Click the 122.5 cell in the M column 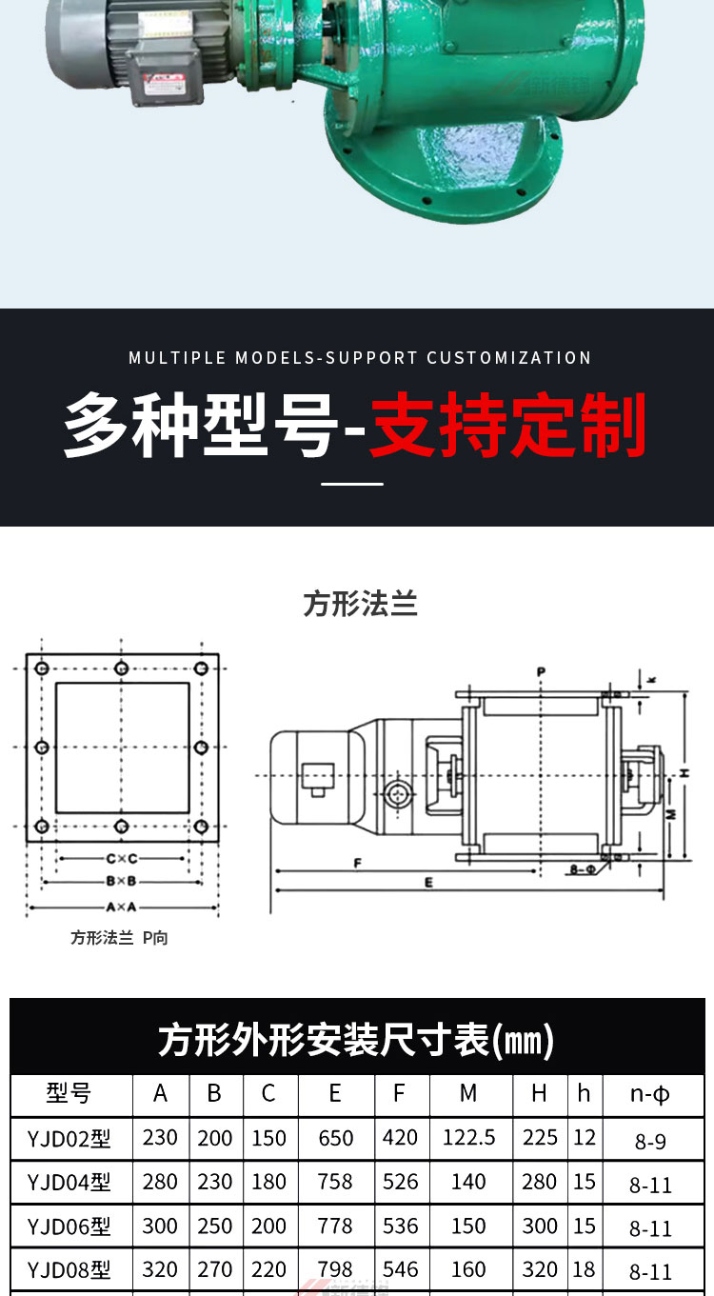coord(468,1137)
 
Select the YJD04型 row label coord(69,1183)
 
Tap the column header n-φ coord(650,1094)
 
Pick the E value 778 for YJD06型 coord(335,1226)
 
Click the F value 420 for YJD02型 coord(400,1137)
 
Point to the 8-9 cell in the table coord(650,1141)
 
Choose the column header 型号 coord(69,1093)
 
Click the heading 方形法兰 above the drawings coord(361,604)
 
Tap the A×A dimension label coord(121,907)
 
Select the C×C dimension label coord(121,859)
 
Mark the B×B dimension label coord(121,882)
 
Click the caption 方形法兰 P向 coord(119,938)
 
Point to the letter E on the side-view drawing coord(429,883)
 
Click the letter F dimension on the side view coord(357,863)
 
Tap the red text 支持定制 coord(507,425)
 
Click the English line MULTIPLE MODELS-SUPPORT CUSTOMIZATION coord(360,358)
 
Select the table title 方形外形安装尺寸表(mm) coord(356,1040)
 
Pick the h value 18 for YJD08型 coord(584,1269)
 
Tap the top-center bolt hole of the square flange coord(121,668)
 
